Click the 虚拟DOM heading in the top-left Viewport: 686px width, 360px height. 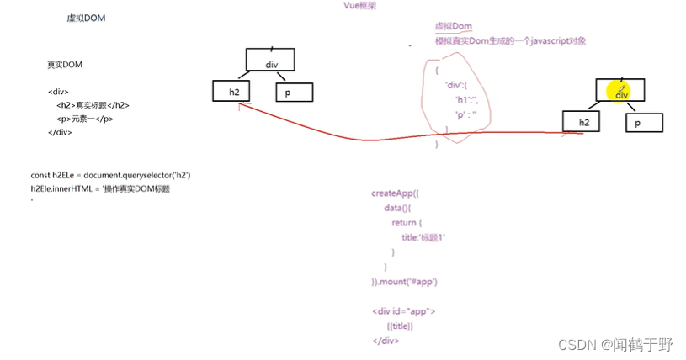86,18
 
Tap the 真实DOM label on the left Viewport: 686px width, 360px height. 65,65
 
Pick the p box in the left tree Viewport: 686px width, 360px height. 294,93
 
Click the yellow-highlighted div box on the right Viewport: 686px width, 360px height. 621,91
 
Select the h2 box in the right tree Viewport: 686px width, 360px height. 583,123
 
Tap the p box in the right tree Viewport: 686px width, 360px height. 644,123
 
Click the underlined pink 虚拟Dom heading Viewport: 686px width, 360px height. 453,27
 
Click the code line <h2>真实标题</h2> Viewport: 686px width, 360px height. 93,105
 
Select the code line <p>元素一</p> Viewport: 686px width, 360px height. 85,119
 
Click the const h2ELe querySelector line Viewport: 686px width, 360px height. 111,175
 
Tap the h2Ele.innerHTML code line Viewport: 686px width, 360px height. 100,189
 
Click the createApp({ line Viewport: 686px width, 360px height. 395,193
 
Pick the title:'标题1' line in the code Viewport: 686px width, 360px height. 423,238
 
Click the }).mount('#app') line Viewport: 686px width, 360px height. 405,281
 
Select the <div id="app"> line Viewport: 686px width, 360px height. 403,311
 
